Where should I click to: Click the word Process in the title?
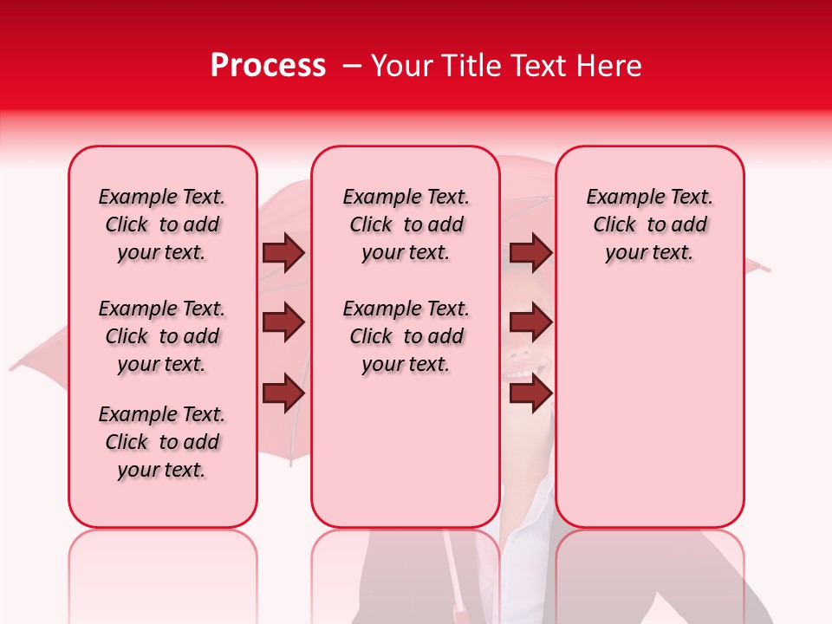pyautogui.click(x=268, y=66)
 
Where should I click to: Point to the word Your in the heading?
pyautogui.click(x=402, y=66)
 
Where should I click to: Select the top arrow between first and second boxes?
pyautogui.click(x=283, y=252)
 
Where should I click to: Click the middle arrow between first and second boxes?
pyautogui.click(x=283, y=322)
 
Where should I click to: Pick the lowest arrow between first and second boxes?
pyautogui.click(x=283, y=393)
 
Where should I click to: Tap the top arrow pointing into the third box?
pyautogui.click(x=530, y=252)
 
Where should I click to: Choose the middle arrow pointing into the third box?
pyautogui.click(x=530, y=322)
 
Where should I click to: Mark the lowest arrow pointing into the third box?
pyautogui.click(x=530, y=393)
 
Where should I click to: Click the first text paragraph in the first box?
pyautogui.click(x=162, y=224)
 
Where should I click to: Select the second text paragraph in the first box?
pyautogui.click(x=162, y=336)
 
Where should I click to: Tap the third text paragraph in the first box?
pyautogui.click(x=162, y=442)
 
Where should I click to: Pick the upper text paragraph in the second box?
pyautogui.click(x=406, y=224)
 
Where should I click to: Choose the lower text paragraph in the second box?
pyautogui.click(x=406, y=336)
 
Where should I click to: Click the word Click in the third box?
pyautogui.click(x=614, y=224)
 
